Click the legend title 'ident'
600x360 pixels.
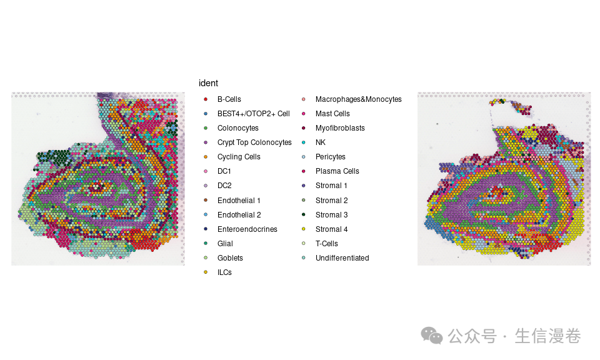pos(208,83)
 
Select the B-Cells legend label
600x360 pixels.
pos(229,99)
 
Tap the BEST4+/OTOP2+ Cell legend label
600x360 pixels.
pos(253,114)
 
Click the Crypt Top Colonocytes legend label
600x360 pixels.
pos(254,142)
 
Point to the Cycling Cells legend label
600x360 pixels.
pos(239,157)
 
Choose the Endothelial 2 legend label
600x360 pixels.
pos(239,214)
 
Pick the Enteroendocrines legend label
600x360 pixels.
pos(247,229)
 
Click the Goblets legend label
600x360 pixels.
pos(230,258)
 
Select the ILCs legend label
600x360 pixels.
pos(224,272)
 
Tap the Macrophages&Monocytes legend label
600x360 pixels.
pos(359,99)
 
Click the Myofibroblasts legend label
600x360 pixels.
pos(340,128)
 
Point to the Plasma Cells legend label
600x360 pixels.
pos(337,171)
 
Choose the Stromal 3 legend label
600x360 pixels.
pos(331,214)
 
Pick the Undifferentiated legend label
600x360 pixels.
pos(342,258)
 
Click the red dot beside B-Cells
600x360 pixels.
pos(206,99)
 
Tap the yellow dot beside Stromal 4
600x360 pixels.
pos(304,229)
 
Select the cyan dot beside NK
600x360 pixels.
pos(304,142)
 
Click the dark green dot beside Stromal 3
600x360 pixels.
pos(304,214)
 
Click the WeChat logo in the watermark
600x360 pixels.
pos(432,336)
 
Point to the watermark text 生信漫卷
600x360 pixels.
pos(547,336)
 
